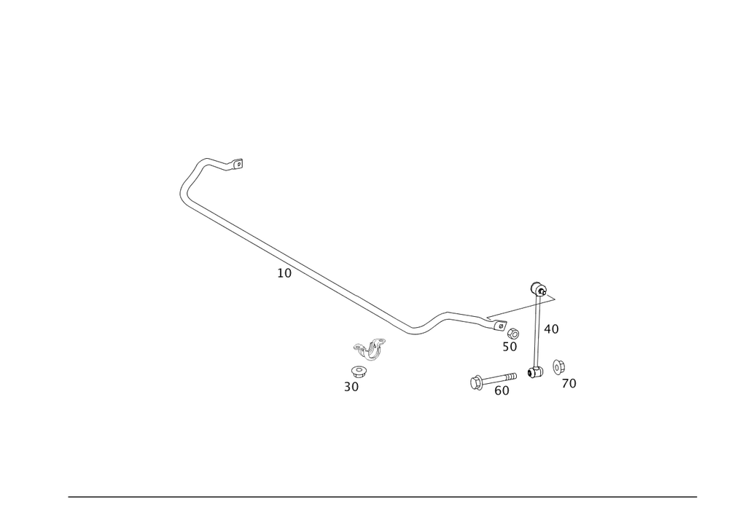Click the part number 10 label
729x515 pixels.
(x=284, y=273)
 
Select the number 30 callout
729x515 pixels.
(x=352, y=388)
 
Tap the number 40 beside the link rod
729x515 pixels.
(x=551, y=329)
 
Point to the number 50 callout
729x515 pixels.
(x=509, y=347)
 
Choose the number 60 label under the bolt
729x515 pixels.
(x=502, y=391)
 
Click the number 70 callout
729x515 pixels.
(x=569, y=383)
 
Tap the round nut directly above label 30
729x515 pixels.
(x=361, y=371)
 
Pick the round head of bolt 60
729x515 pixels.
(x=475, y=380)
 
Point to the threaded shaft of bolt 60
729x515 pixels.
(x=500, y=378)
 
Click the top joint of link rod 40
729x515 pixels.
(x=537, y=288)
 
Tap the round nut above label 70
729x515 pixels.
(x=559, y=366)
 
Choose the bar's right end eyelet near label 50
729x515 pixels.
(x=498, y=324)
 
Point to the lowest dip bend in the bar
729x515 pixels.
(x=416, y=331)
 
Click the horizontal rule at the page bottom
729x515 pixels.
(x=383, y=497)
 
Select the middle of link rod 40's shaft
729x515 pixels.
(x=537, y=331)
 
